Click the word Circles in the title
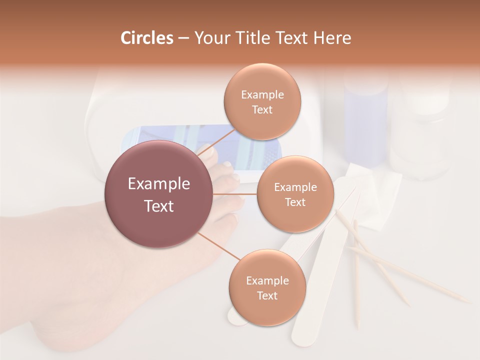click(x=147, y=38)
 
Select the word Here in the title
click(x=332, y=38)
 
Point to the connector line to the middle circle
click(x=234, y=194)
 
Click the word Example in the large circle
click(x=158, y=184)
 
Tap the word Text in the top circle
click(x=262, y=110)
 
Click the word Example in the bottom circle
click(x=267, y=280)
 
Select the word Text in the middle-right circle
click(x=295, y=202)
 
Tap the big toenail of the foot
click(x=206, y=151)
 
